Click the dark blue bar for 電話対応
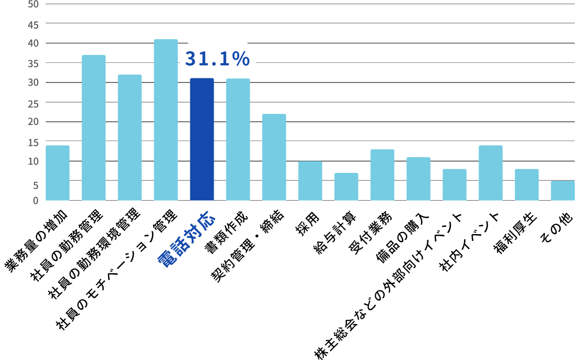202,140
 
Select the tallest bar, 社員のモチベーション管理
166,120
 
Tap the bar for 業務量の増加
57,173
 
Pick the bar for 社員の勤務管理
94,128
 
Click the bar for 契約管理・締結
274,157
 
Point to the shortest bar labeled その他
562,191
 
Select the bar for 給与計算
346,187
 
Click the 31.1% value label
217,59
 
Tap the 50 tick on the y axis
32,4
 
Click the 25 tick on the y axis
32,103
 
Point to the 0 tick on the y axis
36,200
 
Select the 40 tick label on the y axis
32,43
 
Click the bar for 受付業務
382,175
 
